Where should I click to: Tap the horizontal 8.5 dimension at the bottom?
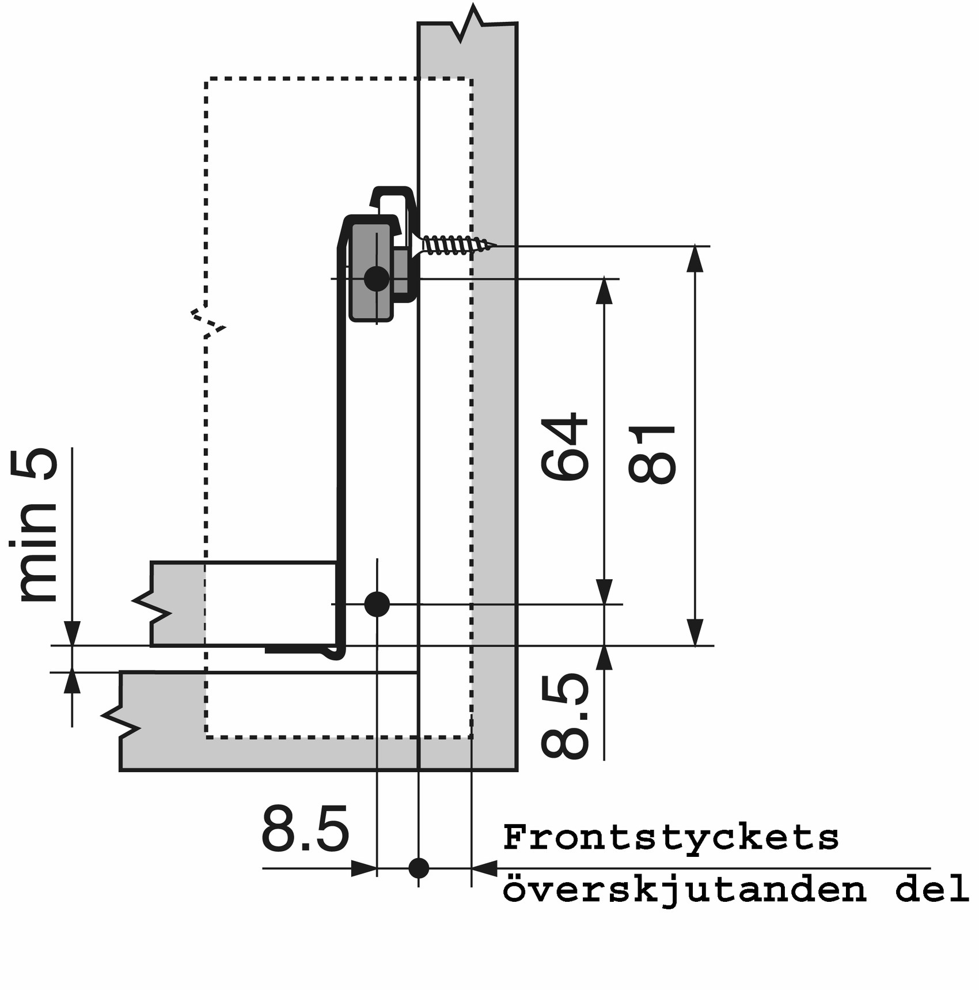click(x=305, y=829)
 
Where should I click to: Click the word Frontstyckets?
click(x=671, y=837)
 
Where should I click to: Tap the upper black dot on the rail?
click(x=377, y=279)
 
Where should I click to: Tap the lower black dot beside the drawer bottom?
click(x=377, y=604)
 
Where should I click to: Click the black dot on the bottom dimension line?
click(x=419, y=868)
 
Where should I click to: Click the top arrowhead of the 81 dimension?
click(x=695, y=259)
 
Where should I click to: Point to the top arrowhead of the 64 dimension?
click(x=604, y=291)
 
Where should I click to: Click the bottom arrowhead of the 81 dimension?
click(x=695, y=632)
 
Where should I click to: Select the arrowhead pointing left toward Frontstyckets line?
click(x=484, y=868)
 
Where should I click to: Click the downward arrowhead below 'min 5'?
click(x=72, y=634)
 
